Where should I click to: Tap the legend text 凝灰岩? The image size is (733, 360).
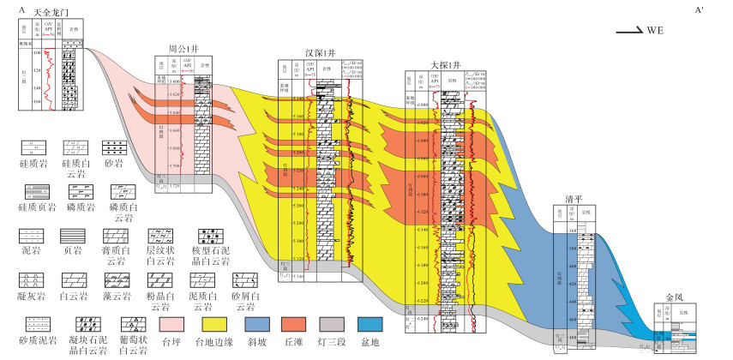pyautogui.click(x=28, y=296)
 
